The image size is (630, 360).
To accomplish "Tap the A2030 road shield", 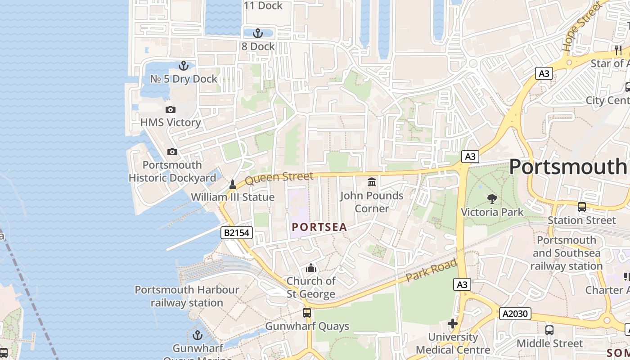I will coord(515,314).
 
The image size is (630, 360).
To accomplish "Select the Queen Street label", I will coord(279,178).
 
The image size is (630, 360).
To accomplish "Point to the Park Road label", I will coord(431,270).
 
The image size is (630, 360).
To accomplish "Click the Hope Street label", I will coord(581,26).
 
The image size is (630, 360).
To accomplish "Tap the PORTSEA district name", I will coord(319,227).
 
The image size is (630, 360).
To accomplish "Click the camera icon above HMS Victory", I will coord(170,109).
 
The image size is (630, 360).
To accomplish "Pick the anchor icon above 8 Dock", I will coord(257,33).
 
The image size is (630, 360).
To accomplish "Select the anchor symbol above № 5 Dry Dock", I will coord(183,66).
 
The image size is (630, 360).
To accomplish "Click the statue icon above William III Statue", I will coord(233,184).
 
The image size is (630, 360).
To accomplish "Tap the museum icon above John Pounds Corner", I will coord(372,182).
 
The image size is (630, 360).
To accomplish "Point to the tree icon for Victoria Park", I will coord(492,198).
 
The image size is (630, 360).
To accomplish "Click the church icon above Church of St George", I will coord(311,268).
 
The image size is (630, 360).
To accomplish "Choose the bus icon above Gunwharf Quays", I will coord(307,312).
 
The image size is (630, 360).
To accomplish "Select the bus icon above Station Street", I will coord(581,207).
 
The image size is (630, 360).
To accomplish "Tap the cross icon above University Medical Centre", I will coord(453,324).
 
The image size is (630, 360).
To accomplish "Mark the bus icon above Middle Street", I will coord(549,330).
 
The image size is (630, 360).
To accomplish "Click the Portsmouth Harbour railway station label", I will coord(187,296).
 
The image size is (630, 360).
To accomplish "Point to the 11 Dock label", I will coord(263,6).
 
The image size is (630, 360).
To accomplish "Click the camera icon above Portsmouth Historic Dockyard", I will coord(172,152).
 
